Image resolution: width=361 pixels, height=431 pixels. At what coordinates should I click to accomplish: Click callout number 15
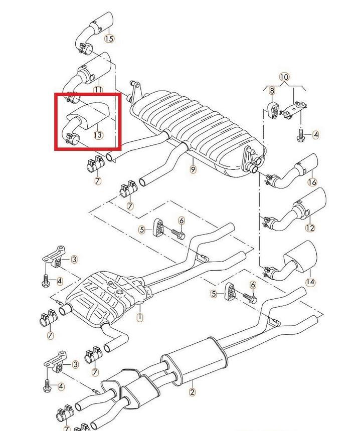point(109,38)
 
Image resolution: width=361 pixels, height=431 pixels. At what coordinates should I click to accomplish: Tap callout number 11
point(98,90)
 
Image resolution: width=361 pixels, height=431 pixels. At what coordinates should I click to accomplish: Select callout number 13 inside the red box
point(98,135)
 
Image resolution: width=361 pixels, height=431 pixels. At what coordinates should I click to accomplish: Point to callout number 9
point(193,169)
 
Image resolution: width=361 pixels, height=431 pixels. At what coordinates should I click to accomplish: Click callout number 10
point(284,77)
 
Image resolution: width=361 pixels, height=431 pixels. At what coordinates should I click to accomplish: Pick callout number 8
point(272,90)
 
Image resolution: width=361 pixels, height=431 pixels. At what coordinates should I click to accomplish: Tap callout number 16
point(312,182)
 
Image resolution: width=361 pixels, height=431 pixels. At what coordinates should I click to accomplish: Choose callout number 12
point(310,228)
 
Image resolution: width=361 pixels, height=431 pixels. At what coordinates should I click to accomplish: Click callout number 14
point(310,282)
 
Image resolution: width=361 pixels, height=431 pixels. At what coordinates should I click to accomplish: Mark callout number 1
point(140,317)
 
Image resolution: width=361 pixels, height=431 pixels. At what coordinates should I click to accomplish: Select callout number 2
point(192,392)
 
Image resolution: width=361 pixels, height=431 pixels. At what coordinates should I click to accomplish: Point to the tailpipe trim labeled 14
point(292,261)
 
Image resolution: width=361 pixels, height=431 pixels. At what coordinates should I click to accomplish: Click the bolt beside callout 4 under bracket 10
point(300,135)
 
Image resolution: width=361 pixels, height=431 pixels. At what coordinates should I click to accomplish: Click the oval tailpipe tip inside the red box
point(87,118)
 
